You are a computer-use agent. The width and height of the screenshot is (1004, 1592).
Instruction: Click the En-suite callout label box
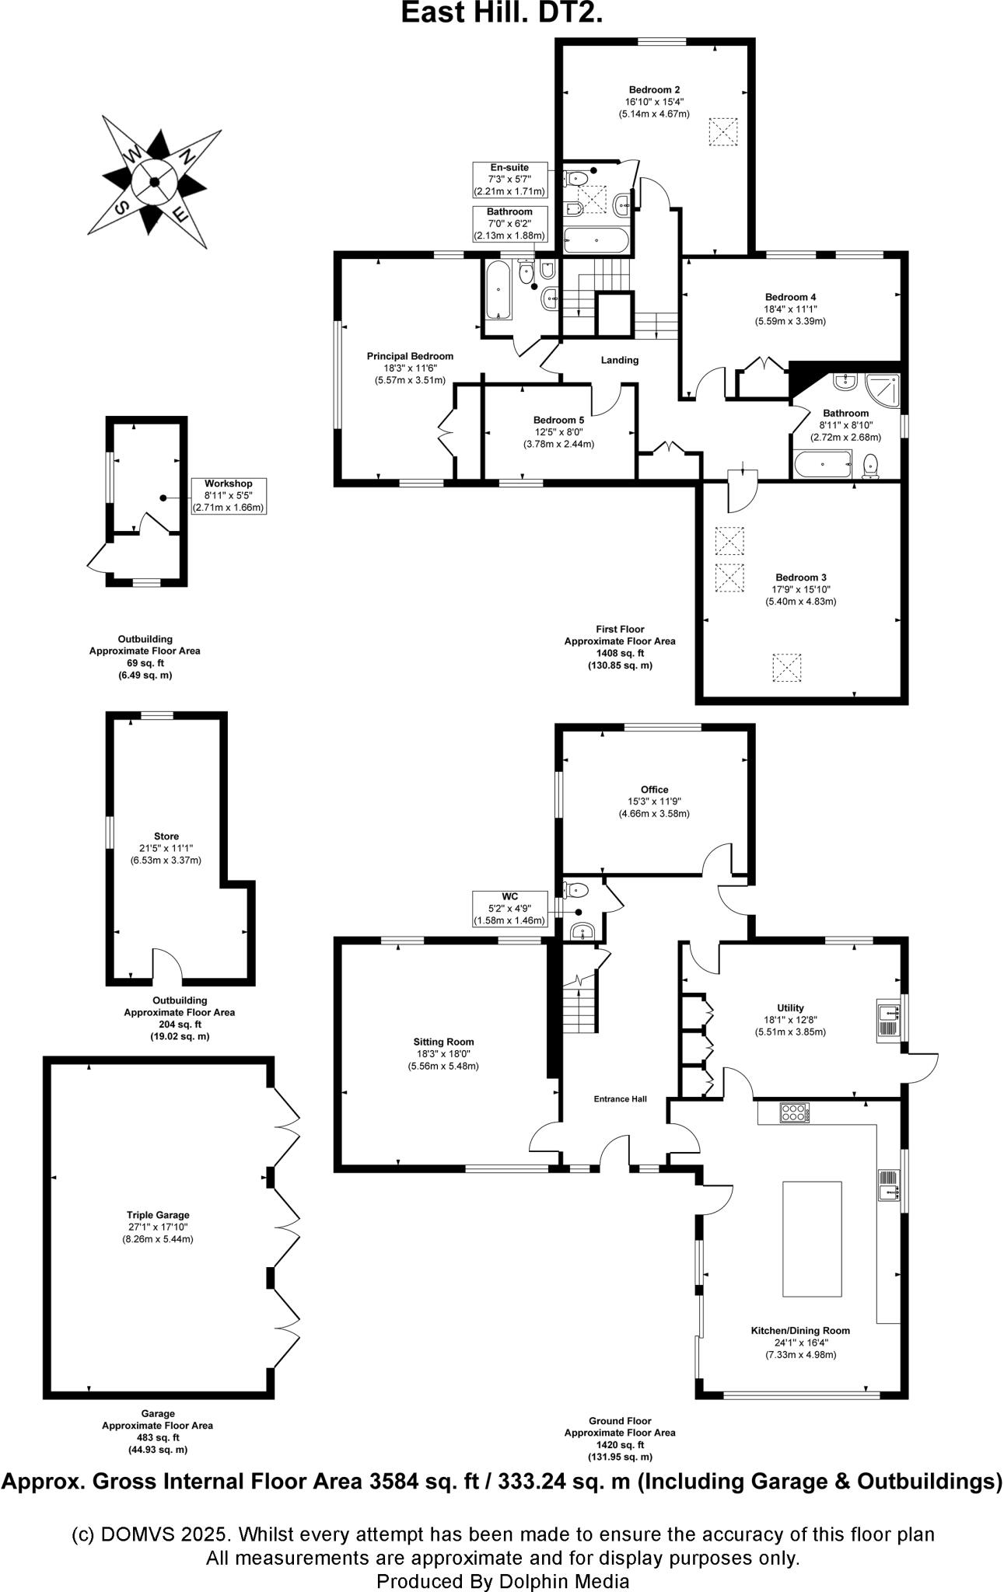(509, 180)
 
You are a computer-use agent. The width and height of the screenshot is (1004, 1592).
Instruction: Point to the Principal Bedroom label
(410, 356)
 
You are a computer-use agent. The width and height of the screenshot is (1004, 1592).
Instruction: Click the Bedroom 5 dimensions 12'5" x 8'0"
(558, 432)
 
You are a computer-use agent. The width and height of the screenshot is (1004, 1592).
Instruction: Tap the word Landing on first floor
(620, 360)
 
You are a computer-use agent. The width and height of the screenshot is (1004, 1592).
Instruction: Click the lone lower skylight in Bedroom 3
(787, 669)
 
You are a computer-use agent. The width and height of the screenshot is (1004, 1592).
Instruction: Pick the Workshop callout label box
(229, 496)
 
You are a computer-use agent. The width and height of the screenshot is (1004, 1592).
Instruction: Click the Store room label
(166, 836)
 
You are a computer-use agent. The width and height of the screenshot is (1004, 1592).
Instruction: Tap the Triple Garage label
(158, 1215)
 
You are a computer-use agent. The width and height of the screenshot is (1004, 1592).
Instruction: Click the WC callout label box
(509, 909)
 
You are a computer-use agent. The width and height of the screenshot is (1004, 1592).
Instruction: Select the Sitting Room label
(443, 1042)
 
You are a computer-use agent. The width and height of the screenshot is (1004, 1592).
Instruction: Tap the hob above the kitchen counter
(795, 1113)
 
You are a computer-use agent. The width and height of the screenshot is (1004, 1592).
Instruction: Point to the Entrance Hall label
(620, 1099)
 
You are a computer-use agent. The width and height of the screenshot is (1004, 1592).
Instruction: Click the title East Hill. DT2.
(502, 13)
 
